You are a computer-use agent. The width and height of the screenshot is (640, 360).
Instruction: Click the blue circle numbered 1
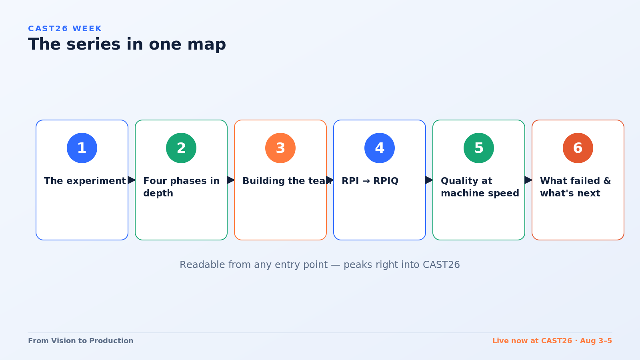pyautogui.click(x=82, y=148)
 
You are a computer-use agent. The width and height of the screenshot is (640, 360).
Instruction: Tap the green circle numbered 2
pyautogui.click(x=181, y=148)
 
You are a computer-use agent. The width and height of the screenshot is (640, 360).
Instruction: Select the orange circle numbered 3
pyautogui.click(x=280, y=148)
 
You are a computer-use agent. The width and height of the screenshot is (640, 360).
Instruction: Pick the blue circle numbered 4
pyautogui.click(x=380, y=148)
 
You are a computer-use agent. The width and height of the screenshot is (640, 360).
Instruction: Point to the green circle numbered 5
pyautogui.click(x=478, y=148)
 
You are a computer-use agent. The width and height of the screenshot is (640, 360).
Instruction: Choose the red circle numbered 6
pyautogui.click(x=578, y=148)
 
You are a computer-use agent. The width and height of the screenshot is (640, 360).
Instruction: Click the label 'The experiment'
pyautogui.click(x=85, y=181)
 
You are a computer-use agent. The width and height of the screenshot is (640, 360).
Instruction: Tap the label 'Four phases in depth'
pyautogui.click(x=182, y=187)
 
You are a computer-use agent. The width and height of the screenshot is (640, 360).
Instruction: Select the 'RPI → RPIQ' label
pyautogui.click(x=370, y=181)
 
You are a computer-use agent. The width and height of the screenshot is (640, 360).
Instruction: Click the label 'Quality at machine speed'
pyautogui.click(x=480, y=187)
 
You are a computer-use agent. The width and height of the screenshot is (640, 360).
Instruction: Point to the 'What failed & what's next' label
pyautogui.click(x=576, y=187)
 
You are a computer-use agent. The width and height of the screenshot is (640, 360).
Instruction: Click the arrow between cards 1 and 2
pyautogui.click(x=132, y=180)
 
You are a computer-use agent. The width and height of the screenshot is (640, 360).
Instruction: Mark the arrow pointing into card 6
pyautogui.click(x=528, y=180)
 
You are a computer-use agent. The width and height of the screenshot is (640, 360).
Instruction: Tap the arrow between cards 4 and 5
pyautogui.click(x=429, y=180)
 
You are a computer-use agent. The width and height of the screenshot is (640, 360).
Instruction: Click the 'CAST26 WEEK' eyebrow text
pyautogui.click(x=65, y=28)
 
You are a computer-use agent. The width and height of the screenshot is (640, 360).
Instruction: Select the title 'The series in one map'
pyautogui.click(x=127, y=44)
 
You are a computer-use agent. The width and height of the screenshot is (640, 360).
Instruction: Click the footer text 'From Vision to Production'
pyautogui.click(x=80, y=341)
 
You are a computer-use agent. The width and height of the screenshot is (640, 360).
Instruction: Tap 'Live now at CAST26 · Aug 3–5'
pyautogui.click(x=552, y=341)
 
